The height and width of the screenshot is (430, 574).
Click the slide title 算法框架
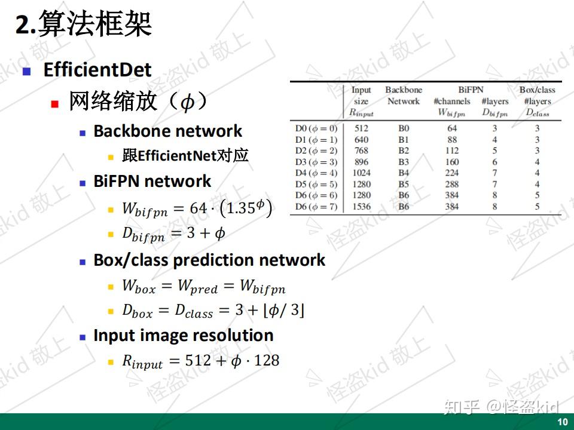click(x=94, y=26)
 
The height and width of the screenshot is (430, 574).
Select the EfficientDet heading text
click(x=97, y=70)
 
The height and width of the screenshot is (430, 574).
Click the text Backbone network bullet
click(x=167, y=131)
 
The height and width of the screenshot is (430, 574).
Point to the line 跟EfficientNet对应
click(x=185, y=156)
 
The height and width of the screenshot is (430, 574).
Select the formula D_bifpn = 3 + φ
click(x=174, y=234)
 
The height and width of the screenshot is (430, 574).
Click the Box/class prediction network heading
click(x=209, y=260)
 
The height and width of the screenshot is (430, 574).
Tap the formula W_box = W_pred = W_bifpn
click(x=204, y=287)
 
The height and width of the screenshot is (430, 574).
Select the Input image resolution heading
click(x=184, y=336)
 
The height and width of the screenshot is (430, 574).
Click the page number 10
click(x=562, y=422)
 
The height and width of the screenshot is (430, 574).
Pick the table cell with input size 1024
click(x=361, y=173)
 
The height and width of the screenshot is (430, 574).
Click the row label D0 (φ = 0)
click(x=316, y=128)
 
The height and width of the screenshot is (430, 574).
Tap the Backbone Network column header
click(x=404, y=96)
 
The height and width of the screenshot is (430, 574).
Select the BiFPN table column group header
click(x=471, y=90)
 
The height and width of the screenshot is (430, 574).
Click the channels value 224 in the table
click(x=452, y=173)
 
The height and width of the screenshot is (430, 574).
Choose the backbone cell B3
click(x=404, y=162)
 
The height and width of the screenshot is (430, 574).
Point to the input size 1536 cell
click(x=361, y=207)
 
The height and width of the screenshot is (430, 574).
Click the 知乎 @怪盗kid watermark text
click(x=500, y=408)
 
